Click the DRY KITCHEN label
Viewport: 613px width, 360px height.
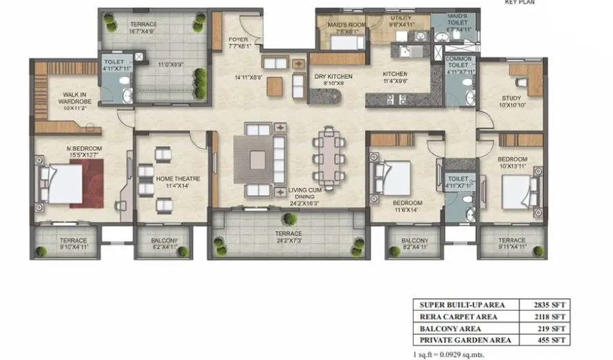point(333,77)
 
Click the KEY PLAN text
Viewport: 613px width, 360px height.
point(519,3)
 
